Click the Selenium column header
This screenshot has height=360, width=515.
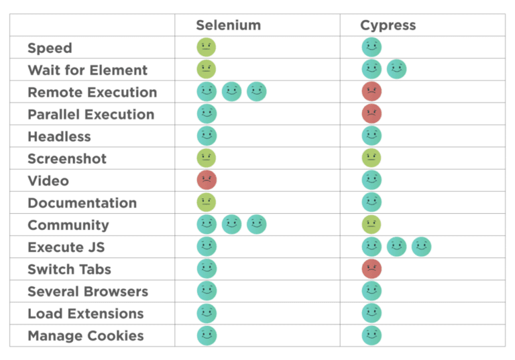coord(228,25)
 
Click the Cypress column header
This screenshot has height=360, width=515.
coord(388,25)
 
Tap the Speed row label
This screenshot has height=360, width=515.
coord(50,48)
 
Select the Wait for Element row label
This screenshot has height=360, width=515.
coord(87,70)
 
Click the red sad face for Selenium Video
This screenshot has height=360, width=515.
coord(207,180)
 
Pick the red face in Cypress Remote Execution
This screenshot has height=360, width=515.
coord(371,91)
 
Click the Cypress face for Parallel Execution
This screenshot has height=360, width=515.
coord(371,113)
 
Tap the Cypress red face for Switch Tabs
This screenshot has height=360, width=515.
coord(371,269)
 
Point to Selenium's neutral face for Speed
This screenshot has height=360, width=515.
coord(207,47)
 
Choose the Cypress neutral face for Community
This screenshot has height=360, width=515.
coord(371,224)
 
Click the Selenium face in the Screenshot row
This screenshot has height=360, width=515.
coord(207,158)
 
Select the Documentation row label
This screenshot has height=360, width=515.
coord(82,203)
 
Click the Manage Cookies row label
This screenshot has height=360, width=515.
coord(86,336)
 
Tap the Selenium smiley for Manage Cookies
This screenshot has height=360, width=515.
coord(207,335)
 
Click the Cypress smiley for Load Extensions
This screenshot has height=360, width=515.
coord(371,313)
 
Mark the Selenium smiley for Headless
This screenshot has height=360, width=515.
coord(207,135)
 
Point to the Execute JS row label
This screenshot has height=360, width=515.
coord(66,247)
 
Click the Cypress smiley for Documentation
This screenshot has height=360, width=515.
coord(371,202)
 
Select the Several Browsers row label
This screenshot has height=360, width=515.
coord(88,292)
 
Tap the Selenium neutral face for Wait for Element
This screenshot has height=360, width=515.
coord(207,69)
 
